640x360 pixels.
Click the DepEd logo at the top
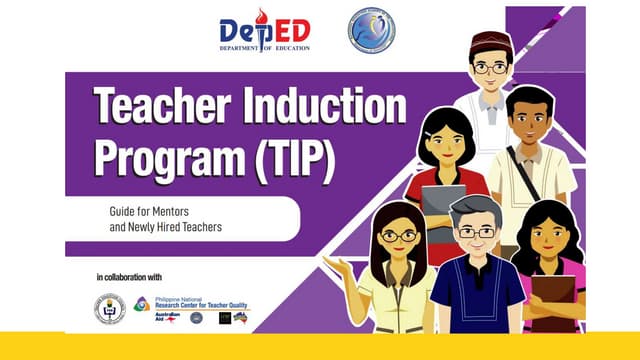[x=265, y=30]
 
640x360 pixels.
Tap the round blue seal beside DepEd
[x=370, y=30]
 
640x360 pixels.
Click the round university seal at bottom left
[x=110, y=308]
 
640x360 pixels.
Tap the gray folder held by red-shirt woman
[x=443, y=206]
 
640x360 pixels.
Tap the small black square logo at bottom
[x=225, y=318]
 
